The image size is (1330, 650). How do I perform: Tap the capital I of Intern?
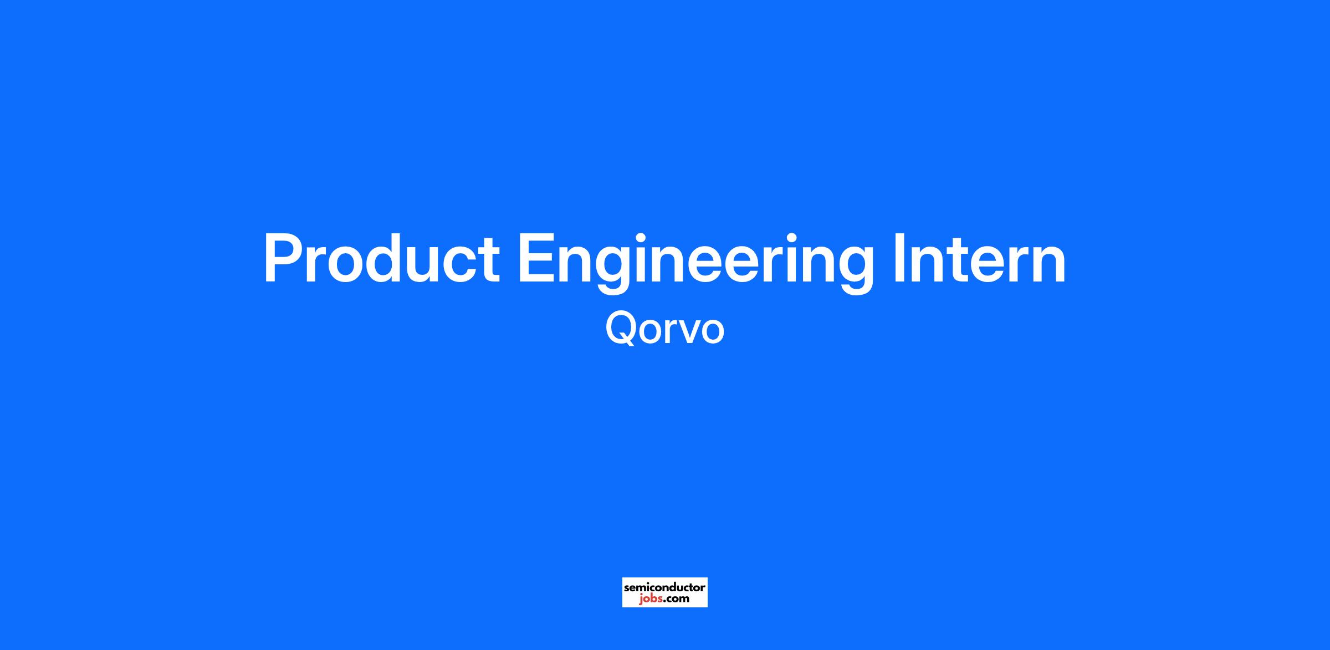[899, 259]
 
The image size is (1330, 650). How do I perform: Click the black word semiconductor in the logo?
[664, 587]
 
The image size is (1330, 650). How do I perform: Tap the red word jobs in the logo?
[649, 599]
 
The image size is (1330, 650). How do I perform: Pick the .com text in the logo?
[676, 599]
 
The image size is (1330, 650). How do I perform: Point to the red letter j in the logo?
[641, 600]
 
